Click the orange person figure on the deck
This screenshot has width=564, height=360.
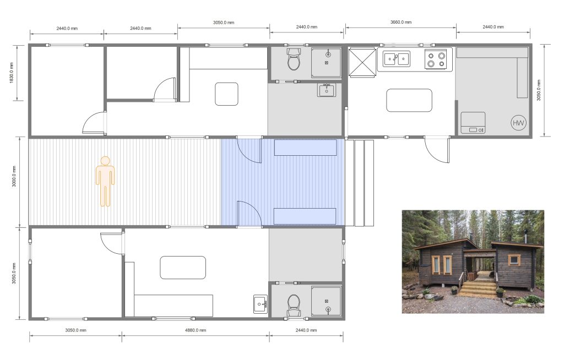click(x=105, y=181)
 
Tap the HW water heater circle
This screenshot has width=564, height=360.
click(x=518, y=123)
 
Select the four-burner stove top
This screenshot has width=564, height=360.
click(x=436, y=59)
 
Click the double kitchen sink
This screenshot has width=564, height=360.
click(x=396, y=58)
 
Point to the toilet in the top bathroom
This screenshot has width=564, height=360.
click(x=294, y=59)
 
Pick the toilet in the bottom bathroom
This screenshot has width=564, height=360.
click(x=294, y=306)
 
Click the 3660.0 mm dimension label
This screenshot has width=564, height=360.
click(x=401, y=23)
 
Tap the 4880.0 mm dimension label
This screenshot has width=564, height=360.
click(x=196, y=330)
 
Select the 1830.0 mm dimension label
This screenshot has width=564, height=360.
click(x=12, y=73)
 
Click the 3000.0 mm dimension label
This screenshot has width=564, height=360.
click(x=14, y=176)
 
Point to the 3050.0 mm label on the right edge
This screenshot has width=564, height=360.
click(x=539, y=90)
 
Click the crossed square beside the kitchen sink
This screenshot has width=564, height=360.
click(x=362, y=62)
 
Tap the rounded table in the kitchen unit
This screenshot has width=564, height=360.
click(x=409, y=100)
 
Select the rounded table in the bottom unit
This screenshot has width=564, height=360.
click(x=183, y=268)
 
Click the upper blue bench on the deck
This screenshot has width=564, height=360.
click(x=305, y=148)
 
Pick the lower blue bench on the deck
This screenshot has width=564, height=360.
click(x=305, y=216)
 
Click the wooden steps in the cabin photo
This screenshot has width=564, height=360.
click(x=478, y=288)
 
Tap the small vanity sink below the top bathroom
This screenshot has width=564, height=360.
click(x=327, y=90)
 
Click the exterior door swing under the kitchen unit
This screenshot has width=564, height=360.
click(x=437, y=149)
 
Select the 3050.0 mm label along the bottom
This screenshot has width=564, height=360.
click(x=75, y=330)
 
